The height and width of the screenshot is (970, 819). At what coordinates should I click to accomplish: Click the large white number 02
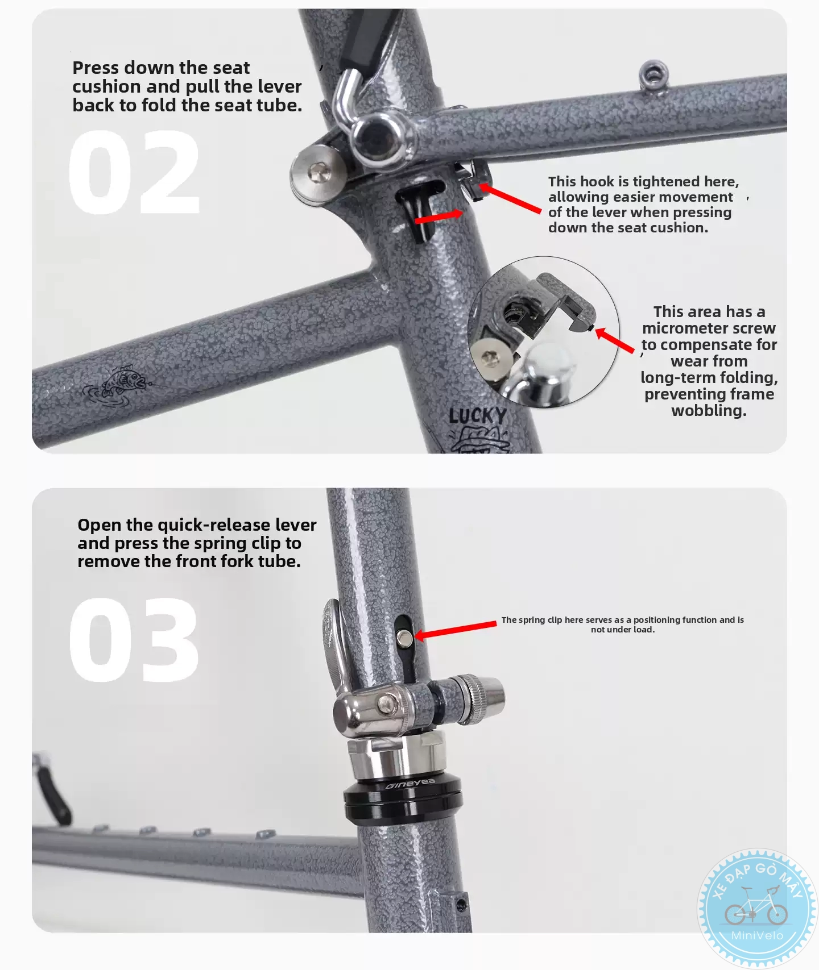(134, 172)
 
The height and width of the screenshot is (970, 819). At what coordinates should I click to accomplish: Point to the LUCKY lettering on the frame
(477, 416)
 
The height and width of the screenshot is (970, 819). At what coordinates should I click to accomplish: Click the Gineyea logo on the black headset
(410, 784)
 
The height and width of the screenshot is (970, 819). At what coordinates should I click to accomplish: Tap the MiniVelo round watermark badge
(757, 907)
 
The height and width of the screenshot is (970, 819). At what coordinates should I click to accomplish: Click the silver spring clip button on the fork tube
(404, 638)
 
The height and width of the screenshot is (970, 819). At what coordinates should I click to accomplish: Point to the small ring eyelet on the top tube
(653, 74)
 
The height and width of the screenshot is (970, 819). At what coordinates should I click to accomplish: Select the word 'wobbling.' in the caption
(709, 410)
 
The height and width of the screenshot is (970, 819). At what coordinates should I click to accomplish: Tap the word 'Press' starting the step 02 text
(96, 68)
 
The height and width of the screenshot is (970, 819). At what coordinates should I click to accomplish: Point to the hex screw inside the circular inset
(489, 358)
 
